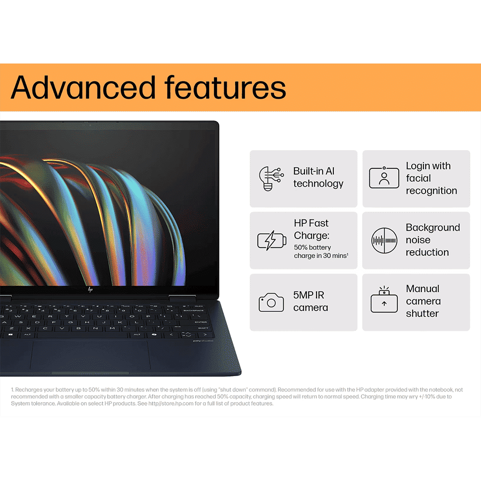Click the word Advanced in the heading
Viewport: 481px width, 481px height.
[x=83, y=88]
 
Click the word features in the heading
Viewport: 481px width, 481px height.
[x=225, y=88]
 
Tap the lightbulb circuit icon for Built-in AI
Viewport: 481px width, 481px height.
[x=271, y=178]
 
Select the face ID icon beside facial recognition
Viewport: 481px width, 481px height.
[x=384, y=178]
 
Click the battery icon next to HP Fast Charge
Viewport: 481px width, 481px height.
[x=271, y=240]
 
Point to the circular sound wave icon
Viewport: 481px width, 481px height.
[x=384, y=240]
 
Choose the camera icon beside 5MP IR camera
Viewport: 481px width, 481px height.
[x=271, y=302]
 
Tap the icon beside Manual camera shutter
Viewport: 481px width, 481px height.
[x=384, y=301]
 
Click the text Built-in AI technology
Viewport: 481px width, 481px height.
[x=318, y=177]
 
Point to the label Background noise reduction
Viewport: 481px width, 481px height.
[x=432, y=240]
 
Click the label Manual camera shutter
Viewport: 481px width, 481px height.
[x=423, y=301]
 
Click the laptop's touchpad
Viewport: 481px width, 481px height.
[x=90, y=355]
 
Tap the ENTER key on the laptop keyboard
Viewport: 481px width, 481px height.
[x=201, y=322]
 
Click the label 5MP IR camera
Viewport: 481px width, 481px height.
[x=310, y=301]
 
